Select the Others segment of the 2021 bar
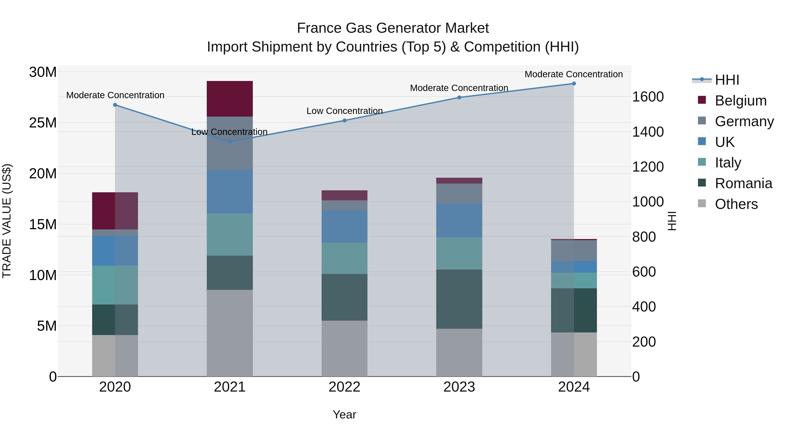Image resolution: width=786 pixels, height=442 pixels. pyautogui.click(x=229, y=333)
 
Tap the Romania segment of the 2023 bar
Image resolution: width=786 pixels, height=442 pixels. pyautogui.click(x=459, y=299)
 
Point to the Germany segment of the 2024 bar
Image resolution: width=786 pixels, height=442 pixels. pyautogui.click(x=574, y=250)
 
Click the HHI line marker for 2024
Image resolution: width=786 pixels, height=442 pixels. pyautogui.click(x=574, y=84)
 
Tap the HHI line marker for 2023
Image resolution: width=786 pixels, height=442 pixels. pyautogui.click(x=459, y=98)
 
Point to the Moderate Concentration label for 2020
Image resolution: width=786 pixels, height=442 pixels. pyautogui.click(x=115, y=95)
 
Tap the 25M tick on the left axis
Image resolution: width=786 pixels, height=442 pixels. pyautogui.click(x=43, y=123)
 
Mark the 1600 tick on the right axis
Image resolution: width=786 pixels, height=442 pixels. pyautogui.click(x=648, y=97)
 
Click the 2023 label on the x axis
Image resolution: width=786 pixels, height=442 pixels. pyautogui.click(x=459, y=387)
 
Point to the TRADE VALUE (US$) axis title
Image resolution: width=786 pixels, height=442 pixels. pyautogui.click(x=7, y=221)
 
